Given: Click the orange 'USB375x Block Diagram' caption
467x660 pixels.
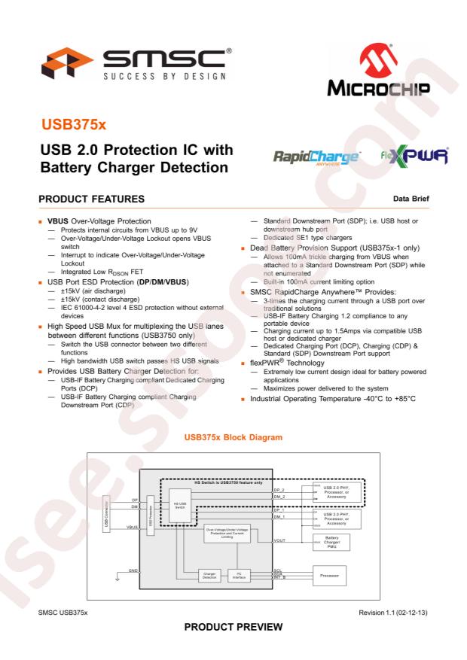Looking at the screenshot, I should tap(233, 436).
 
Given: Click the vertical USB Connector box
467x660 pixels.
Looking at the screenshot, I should tap(106, 513).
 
